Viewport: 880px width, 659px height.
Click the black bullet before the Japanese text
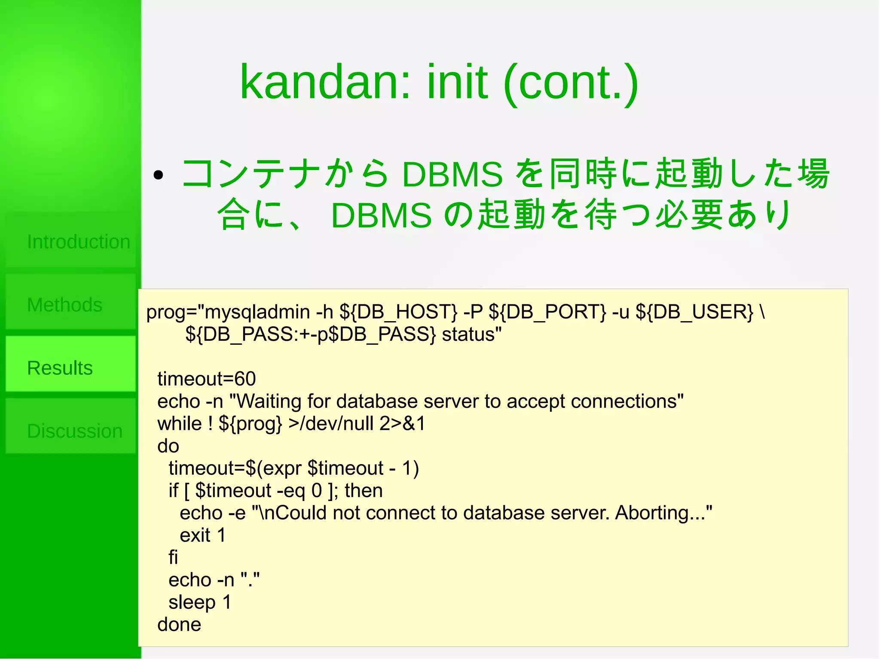click(x=159, y=175)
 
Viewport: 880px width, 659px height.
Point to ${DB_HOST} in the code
click(x=398, y=312)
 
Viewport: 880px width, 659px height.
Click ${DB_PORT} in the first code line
click(x=547, y=312)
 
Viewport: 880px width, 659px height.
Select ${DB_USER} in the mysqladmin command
click(x=694, y=312)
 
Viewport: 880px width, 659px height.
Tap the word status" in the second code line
click(x=471, y=334)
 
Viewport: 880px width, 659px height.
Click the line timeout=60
click(x=206, y=379)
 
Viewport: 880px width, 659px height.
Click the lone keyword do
click(x=168, y=446)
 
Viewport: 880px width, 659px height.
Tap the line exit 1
click(x=202, y=535)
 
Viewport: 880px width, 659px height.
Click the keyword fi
click(x=173, y=557)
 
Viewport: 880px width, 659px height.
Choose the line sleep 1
click(x=200, y=602)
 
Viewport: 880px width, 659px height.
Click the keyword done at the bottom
click(x=179, y=624)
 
